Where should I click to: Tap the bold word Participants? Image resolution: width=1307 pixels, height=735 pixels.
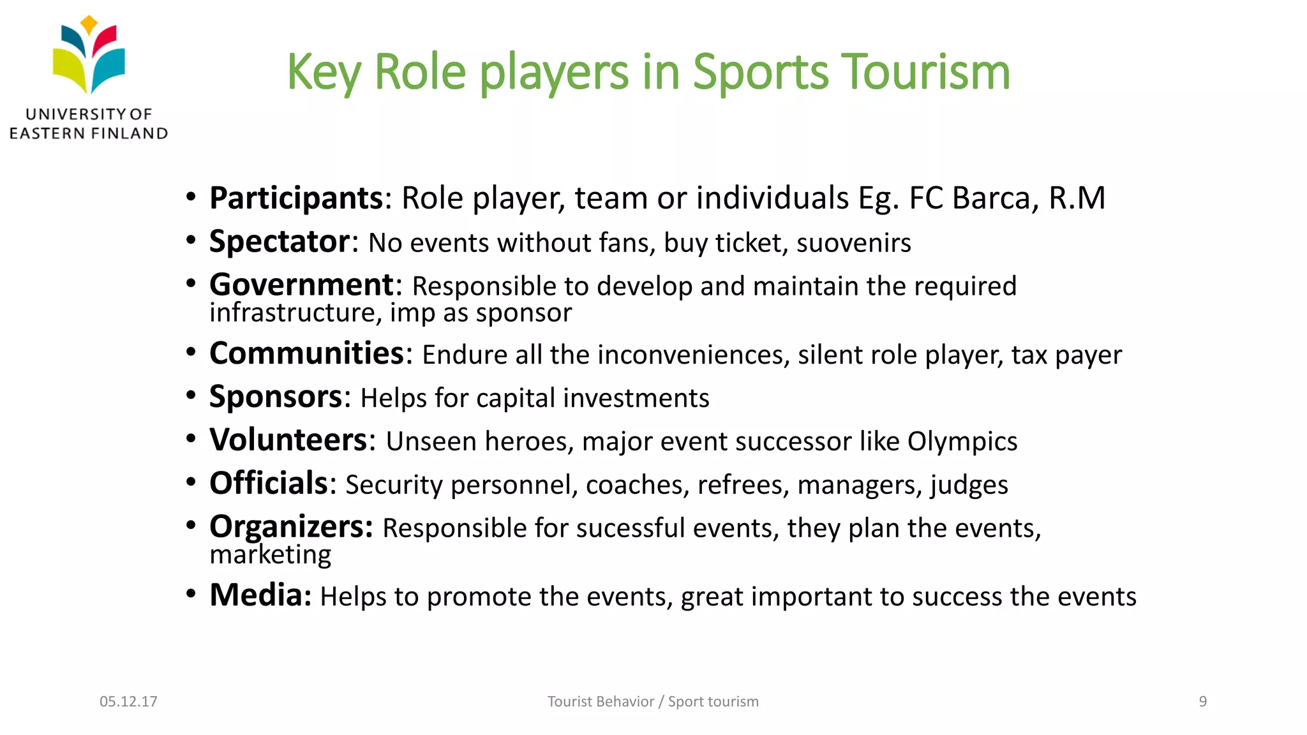tap(296, 198)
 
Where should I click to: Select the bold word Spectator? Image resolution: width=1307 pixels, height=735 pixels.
tap(280, 242)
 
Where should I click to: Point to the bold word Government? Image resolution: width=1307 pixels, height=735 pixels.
tap(302, 285)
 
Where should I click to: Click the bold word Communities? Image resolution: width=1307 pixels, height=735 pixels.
tap(307, 353)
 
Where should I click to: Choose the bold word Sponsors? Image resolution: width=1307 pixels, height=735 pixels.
tap(276, 397)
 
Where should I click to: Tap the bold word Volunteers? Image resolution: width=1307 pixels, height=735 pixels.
tap(288, 440)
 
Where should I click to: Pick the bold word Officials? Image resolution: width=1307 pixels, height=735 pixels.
tap(269, 484)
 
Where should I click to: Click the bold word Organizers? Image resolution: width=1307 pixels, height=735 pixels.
tap(291, 527)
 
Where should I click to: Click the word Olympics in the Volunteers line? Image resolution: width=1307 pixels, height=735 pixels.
tap(962, 442)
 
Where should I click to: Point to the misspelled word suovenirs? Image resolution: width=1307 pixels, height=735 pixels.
tap(854, 243)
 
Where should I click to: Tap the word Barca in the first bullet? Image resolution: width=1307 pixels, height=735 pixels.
tap(991, 198)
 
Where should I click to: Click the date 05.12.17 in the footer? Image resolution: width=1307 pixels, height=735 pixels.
tap(128, 701)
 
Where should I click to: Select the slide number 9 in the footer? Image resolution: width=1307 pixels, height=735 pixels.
tap(1202, 701)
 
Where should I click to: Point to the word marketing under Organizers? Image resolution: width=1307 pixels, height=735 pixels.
tap(271, 555)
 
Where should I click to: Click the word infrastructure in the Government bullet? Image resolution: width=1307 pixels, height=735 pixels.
tap(295, 313)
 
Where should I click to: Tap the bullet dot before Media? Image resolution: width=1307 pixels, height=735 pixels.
tap(191, 594)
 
